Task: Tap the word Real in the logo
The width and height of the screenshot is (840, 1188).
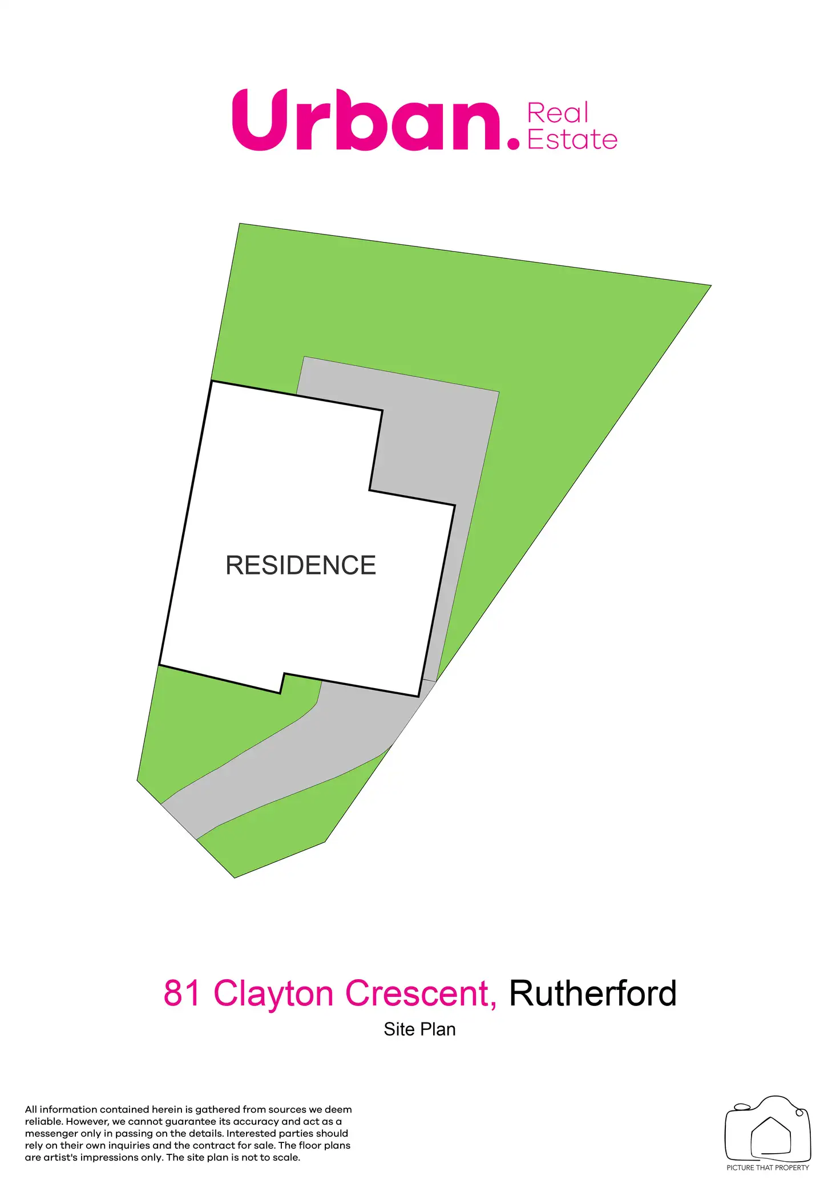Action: click(x=558, y=113)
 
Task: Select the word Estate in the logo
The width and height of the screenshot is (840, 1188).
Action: click(x=572, y=140)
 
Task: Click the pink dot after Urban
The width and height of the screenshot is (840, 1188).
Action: click(x=514, y=142)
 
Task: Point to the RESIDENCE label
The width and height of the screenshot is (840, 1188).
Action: click(x=301, y=565)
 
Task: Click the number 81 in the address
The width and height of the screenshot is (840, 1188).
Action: click(x=182, y=993)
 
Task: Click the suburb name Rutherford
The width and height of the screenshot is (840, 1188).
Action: click(x=592, y=993)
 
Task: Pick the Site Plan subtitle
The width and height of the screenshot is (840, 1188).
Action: click(x=419, y=1029)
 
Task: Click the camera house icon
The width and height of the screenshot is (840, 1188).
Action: click(x=768, y=1129)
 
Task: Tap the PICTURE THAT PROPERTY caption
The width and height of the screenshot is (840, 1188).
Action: click(x=768, y=1167)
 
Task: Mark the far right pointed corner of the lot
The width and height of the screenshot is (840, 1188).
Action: click(x=709, y=286)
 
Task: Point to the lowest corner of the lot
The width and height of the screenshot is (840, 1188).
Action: click(x=235, y=876)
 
